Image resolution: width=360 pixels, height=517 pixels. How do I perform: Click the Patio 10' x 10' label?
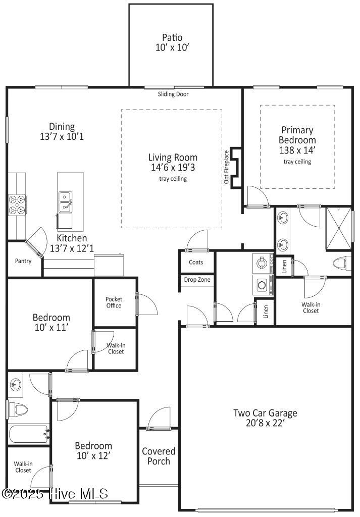click(172, 42)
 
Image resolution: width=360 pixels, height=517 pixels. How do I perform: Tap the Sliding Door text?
click(173, 94)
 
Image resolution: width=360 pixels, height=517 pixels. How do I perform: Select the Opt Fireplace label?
click(227, 167)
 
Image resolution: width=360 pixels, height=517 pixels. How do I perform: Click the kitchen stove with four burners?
click(17, 205)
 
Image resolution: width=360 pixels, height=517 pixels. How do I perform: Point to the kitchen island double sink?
click(65, 201)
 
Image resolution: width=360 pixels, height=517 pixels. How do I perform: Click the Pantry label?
click(23, 261)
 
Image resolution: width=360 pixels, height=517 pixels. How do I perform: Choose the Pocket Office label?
click(114, 302)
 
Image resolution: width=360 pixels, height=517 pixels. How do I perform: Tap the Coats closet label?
click(196, 262)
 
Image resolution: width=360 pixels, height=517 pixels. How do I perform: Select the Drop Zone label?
click(197, 280)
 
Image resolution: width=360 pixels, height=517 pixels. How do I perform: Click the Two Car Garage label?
click(265, 418)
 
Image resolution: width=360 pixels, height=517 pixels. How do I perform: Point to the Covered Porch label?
click(159, 456)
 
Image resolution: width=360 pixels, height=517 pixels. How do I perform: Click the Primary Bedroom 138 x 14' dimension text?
click(297, 150)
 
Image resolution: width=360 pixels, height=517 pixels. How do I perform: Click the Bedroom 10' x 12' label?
click(93, 451)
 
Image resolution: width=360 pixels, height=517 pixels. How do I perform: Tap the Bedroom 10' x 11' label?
click(51, 323)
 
